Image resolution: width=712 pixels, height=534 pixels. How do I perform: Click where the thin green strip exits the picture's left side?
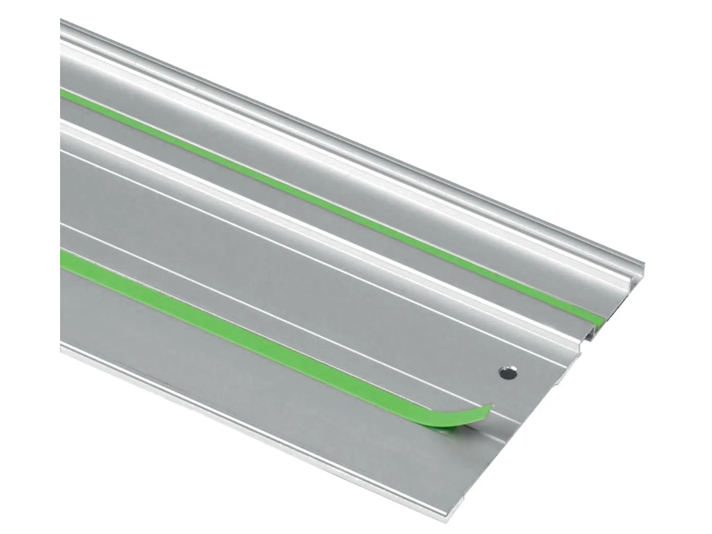(x=63, y=94)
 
